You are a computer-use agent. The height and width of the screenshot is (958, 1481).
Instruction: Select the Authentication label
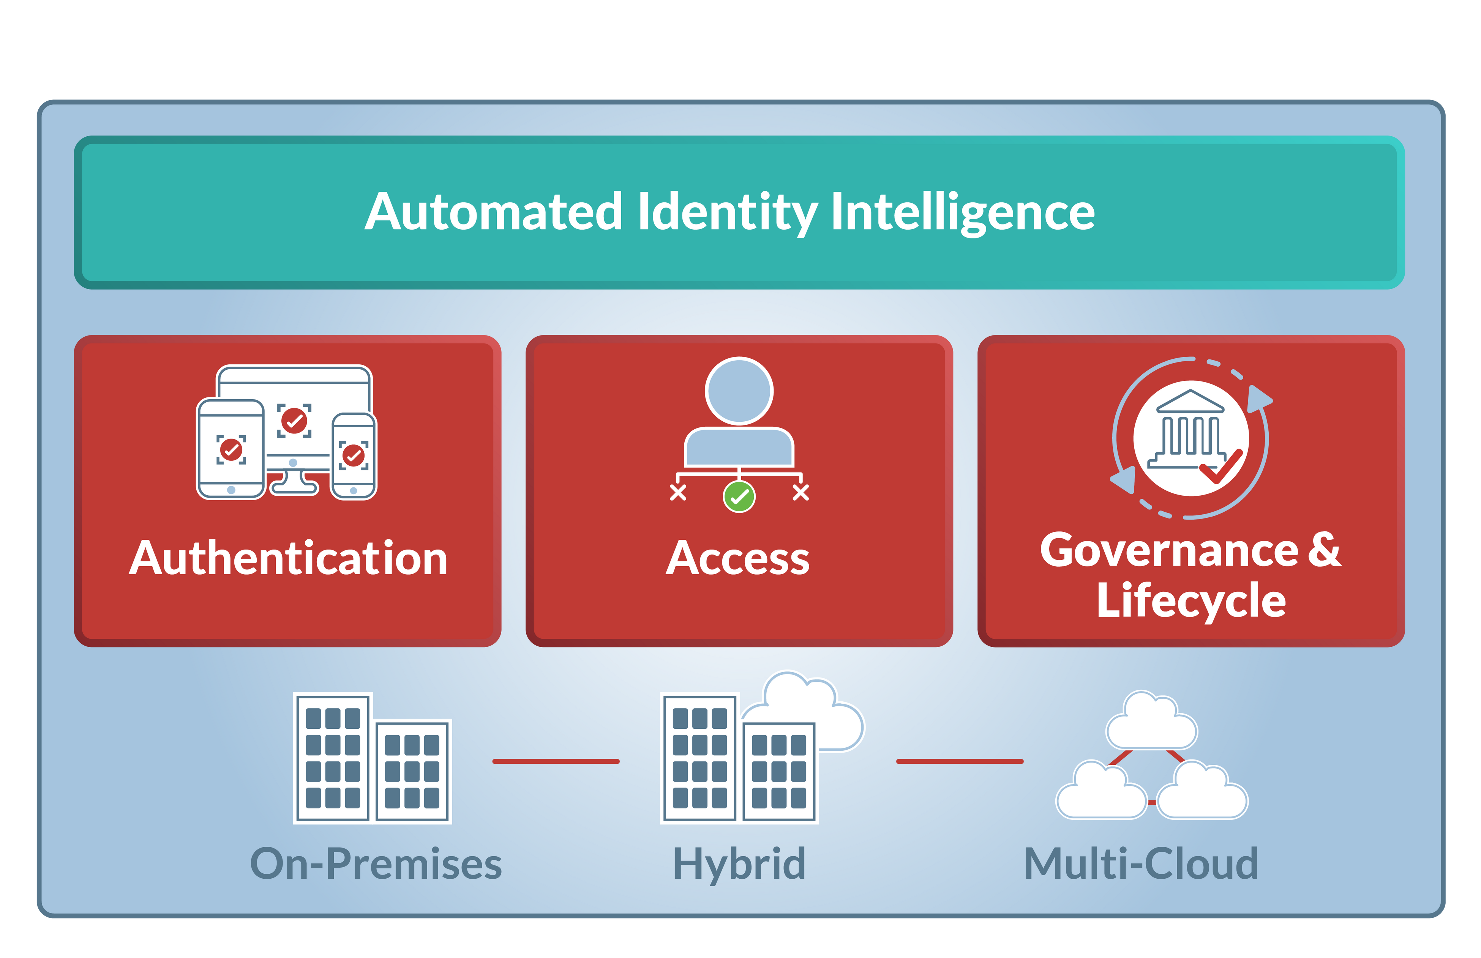point(288,558)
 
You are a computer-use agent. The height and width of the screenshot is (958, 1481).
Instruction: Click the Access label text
point(738,558)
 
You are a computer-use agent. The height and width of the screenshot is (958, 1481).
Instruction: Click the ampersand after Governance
point(1324,550)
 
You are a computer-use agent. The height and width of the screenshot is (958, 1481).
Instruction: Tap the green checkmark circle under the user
point(739,496)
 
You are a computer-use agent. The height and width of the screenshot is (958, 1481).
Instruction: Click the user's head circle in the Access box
point(739,391)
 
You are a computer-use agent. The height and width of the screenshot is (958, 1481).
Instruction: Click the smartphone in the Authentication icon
point(354,456)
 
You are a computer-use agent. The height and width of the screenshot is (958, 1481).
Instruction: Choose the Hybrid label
point(739,864)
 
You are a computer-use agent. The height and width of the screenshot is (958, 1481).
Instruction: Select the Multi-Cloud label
point(1141,864)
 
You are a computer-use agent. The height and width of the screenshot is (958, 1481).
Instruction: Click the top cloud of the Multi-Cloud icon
point(1151,723)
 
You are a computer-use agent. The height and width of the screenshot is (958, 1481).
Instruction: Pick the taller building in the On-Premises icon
point(333,757)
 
